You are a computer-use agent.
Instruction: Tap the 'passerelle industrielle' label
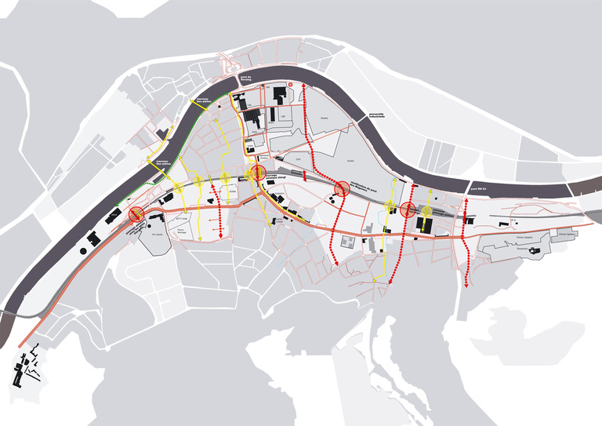(x=379, y=116)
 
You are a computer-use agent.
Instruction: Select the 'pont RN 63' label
(x=477, y=188)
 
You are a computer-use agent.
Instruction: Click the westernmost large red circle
(x=136, y=213)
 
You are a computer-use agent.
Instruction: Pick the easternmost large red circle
(x=408, y=210)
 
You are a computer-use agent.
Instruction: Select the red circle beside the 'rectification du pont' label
(x=342, y=188)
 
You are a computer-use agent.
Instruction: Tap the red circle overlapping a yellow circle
(x=257, y=174)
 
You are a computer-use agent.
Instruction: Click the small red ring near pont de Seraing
(x=290, y=84)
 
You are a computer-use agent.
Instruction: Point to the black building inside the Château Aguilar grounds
(x=535, y=251)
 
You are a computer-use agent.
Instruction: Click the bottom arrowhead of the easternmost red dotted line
(x=466, y=286)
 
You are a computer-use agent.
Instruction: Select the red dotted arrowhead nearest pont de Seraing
(x=304, y=103)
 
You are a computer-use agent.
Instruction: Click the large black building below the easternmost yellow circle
(x=424, y=226)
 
